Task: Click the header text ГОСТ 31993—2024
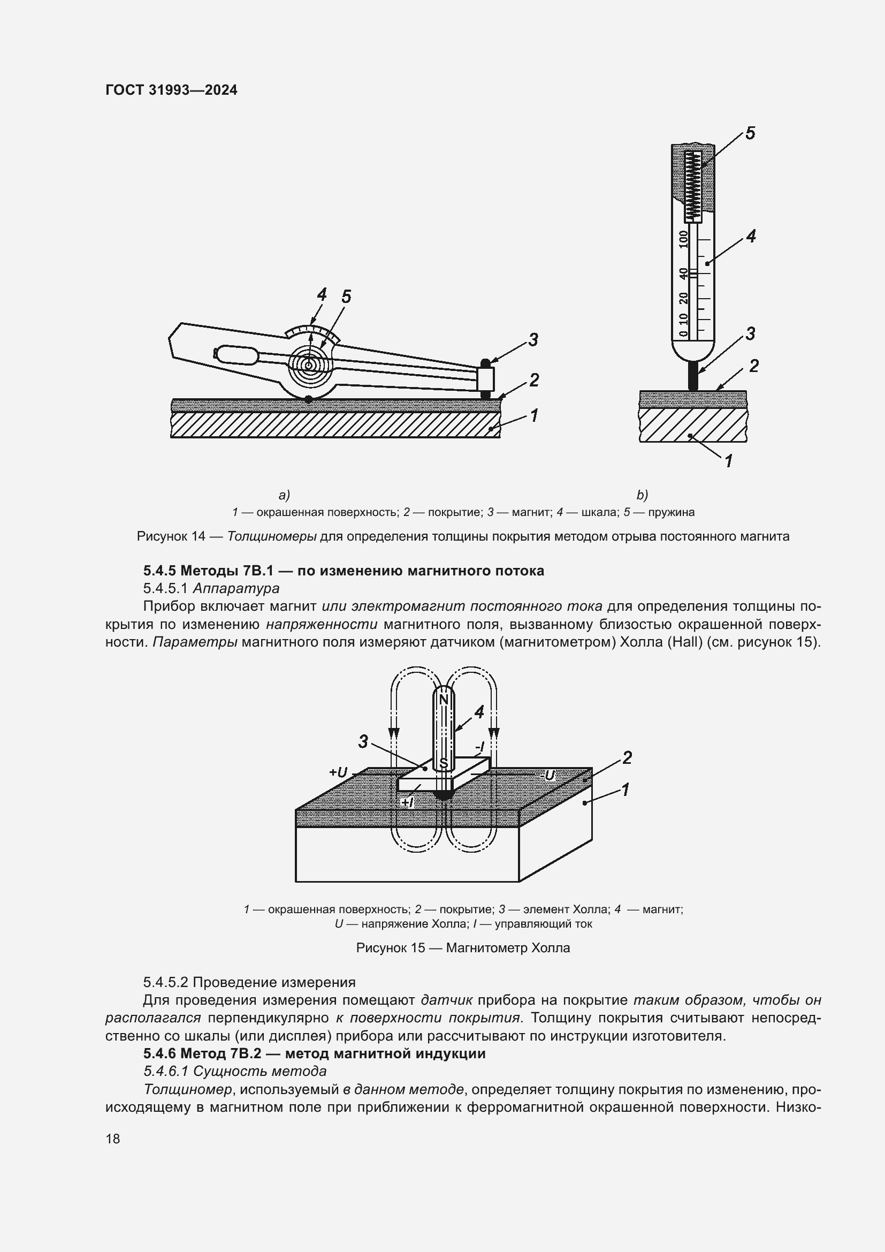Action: click(x=171, y=90)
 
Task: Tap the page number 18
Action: click(x=113, y=1139)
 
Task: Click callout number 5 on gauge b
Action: click(x=750, y=134)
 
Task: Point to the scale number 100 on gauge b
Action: click(x=684, y=238)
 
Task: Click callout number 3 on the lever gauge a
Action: click(x=533, y=340)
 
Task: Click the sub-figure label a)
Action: click(x=284, y=495)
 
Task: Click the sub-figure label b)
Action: click(x=642, y=495)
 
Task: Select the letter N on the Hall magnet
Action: click(x=444, y=700)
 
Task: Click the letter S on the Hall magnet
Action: click(x=444, y=763)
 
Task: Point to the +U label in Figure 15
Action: click(x=338, y=772)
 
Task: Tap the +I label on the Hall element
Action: click(x=407, y=802)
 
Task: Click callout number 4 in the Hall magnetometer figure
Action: click(x=479, y=712)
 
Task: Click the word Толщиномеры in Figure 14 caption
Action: click(x=271, y=536)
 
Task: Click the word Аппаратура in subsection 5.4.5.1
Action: click(x=236, y=588)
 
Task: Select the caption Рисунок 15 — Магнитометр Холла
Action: click(x=463, y=948)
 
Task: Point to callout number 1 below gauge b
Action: click(x=729, y=461)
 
